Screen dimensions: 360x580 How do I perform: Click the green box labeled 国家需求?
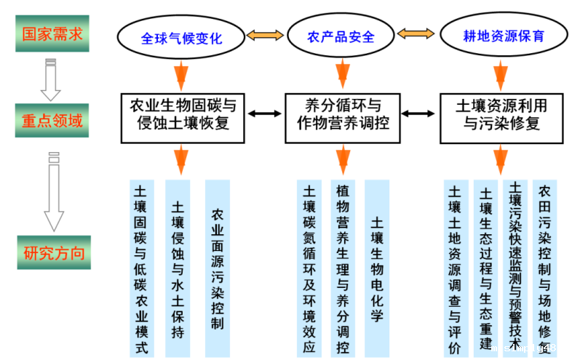52,33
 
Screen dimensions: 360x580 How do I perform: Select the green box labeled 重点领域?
52,120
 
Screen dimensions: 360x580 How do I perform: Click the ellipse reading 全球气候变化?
182,37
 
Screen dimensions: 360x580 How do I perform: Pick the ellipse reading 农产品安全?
341,36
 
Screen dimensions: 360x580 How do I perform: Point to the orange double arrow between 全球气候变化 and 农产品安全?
265,35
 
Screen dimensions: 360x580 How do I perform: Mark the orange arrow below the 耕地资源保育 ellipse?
501,75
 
